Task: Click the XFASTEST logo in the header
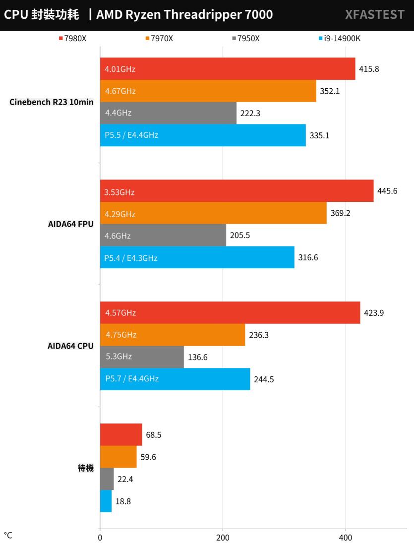tap(374, 15)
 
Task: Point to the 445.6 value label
tap(387, 191)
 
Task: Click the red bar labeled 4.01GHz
tap(227, 69)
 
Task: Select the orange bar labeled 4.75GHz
tap(172, 335)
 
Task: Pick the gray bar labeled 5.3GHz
tap(141, 357)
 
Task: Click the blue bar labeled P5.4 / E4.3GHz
tap(197, 257)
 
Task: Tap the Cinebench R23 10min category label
tap(52, 102)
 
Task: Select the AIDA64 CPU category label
tap(69, 346)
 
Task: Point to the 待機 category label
tap(86, 468)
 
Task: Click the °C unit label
tap(8, 536)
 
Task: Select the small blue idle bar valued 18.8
tap(106, 501)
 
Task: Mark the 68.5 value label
tap(154, 435)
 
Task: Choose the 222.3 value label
tap(250, 114)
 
